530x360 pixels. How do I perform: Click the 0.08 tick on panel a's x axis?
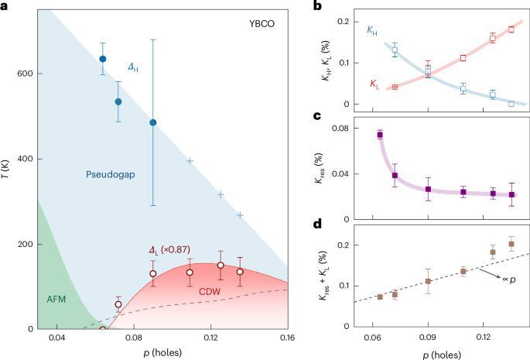(134, 339)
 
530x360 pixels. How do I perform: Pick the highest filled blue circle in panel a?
(102, 59)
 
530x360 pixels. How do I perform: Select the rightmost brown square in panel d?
(511, 244)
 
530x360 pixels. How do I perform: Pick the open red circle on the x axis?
(103, 329)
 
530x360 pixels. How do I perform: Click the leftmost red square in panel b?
(395, 87)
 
